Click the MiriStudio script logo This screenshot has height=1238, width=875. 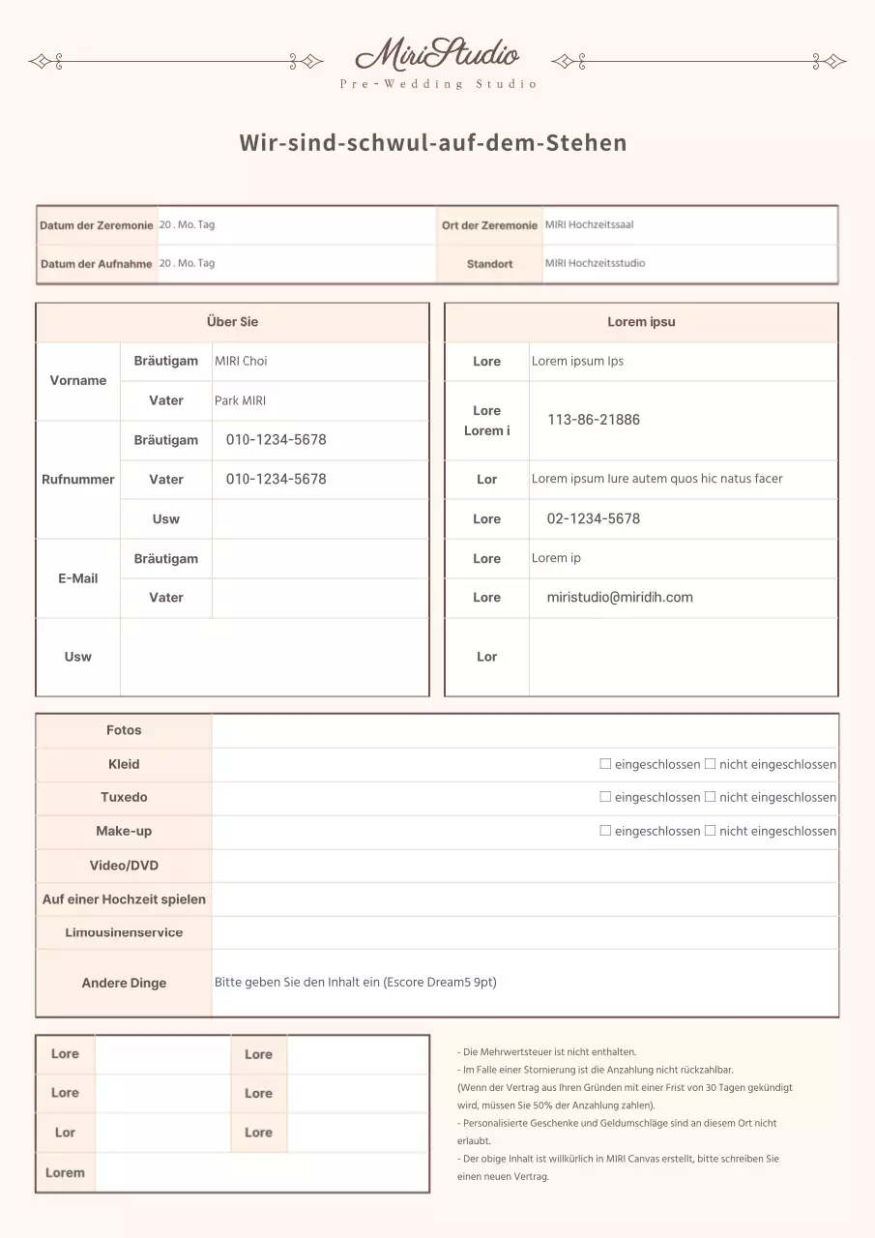point(437,54)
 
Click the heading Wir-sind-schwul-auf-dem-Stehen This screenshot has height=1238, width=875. point(433,143)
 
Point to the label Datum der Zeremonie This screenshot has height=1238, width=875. point(97,225)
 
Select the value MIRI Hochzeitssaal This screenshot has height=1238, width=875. point(589,224)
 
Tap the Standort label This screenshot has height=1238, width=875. point(489,264)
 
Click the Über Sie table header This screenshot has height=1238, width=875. point(232,322)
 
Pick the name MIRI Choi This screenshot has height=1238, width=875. point(241,362)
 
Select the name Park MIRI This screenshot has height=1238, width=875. point(240,400)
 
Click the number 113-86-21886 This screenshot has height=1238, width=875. point(594,420)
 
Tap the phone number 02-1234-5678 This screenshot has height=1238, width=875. point(594,518)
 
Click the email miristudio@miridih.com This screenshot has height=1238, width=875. point(620,598)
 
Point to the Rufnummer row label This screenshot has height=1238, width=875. point(78,480)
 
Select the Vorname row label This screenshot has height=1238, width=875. point(78,381)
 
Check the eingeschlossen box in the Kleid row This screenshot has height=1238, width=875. point(605,764)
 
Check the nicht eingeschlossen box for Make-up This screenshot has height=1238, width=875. point(710,831)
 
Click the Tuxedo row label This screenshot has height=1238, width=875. point(124,798)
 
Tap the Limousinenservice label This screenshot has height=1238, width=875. point(124,933)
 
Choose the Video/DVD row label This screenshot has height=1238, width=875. point(124,866)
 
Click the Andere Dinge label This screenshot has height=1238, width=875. point(124,984)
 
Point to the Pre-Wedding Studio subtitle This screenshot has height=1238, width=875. point(438,84)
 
